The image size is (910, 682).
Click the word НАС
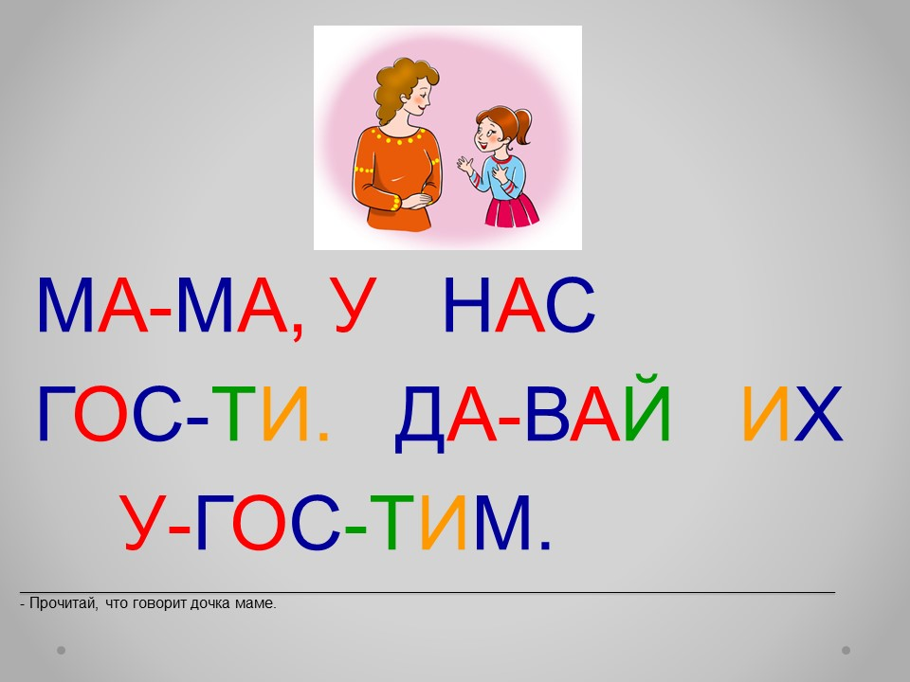click(x=519, y=305)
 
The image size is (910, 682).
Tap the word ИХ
click(x=792, y=414)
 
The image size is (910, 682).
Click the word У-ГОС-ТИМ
click(x=337, y=523)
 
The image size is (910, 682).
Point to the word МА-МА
click(x=163, y=305)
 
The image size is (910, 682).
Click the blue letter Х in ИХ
click(x=818, y=414)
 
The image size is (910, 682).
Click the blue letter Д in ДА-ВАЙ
click(x=420, y=419)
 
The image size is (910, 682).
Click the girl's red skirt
click(x=511, y=211)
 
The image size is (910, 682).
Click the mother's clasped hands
click(x=417, y=201)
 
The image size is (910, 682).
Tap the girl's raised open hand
click(x=464, y=165)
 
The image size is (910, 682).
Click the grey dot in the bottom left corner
click(x=61, y=650)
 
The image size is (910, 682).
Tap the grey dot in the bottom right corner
click(x=846, y=650)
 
